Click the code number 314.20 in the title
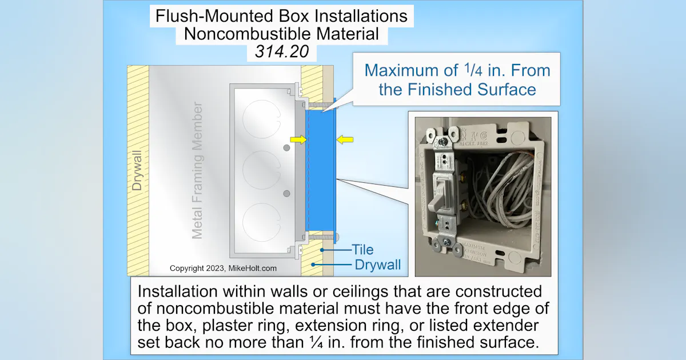[x=281, y=52]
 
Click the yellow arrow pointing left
[x=345, y=139]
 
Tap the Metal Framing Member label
[x=197, y=170]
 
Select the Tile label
[x=362, y=250]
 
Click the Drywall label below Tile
[x=378, y=265]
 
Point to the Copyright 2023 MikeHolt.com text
[x=223, y=268]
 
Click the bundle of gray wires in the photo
[x=503, y=183]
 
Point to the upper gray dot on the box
[x=286, y=149]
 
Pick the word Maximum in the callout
[x=404, y=71]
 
